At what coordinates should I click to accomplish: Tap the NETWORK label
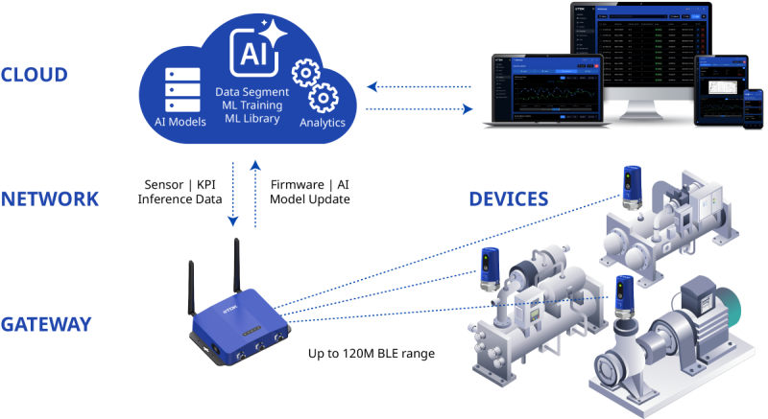(50, 199)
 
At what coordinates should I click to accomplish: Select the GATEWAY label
(46, 324)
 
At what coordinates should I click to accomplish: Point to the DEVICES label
(509, 199)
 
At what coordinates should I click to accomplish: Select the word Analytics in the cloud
(322, 123)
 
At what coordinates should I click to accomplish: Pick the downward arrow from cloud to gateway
(233, 192)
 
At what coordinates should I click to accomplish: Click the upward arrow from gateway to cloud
(256, 192)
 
